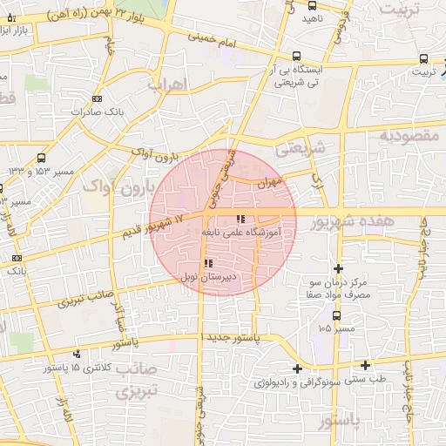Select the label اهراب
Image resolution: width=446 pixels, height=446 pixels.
(x=167, y=85)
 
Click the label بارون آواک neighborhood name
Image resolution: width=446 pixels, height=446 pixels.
(x=118, y=186)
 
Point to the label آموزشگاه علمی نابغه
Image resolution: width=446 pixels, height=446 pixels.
(x=247, y=233)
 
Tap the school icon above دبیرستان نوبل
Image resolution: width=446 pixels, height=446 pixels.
(x=207, y=263)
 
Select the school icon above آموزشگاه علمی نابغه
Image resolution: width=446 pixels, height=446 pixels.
(x=241, y=220)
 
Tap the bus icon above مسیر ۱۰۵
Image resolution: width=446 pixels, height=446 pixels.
(x=337, y=315)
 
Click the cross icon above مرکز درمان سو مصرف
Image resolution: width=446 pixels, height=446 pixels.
(x=339, y=268)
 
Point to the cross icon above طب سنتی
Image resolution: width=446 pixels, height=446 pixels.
(x=366, y=365)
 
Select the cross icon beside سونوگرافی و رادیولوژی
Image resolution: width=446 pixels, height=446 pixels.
(x=298, y=368)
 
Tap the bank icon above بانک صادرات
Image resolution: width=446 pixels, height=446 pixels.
(x=96, y=98)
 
